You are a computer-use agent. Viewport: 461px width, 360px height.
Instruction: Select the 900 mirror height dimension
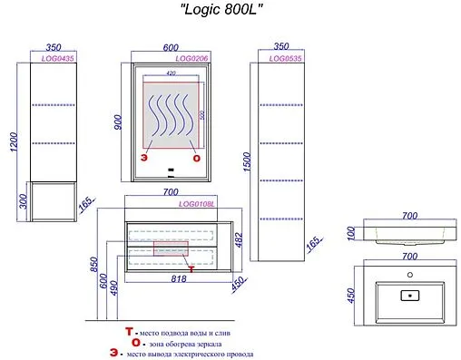click(x=117, y=125)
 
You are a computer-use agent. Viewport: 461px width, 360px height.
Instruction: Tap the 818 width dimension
click(x=180, y=279)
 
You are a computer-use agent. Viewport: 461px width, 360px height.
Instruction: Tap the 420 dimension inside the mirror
click(x=170, y=73)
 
